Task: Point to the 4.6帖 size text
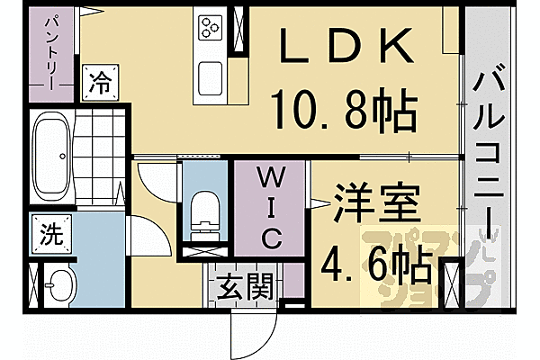(x=378, y=263)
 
